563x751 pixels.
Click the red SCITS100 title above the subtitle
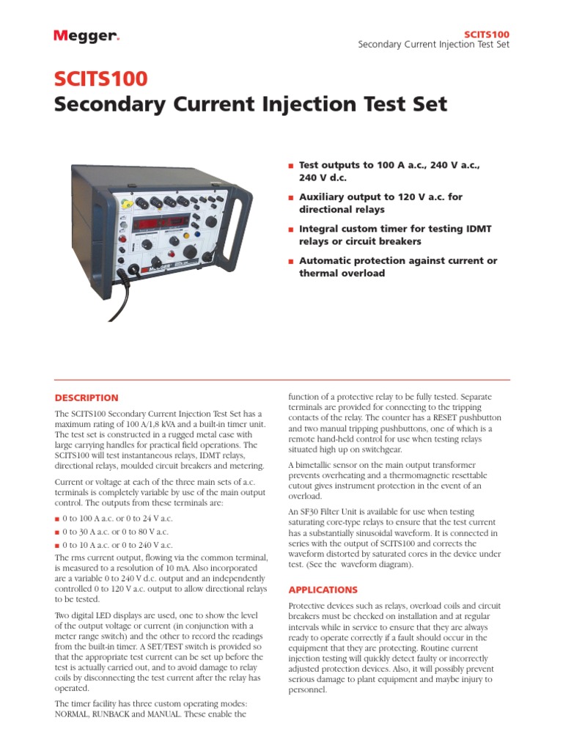click(x=101, y=78)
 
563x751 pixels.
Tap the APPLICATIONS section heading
click(x=323, y=590)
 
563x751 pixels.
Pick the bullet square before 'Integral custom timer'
click(x=291, y=230)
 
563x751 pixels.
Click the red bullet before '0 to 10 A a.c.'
click(x=58, y=546)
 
